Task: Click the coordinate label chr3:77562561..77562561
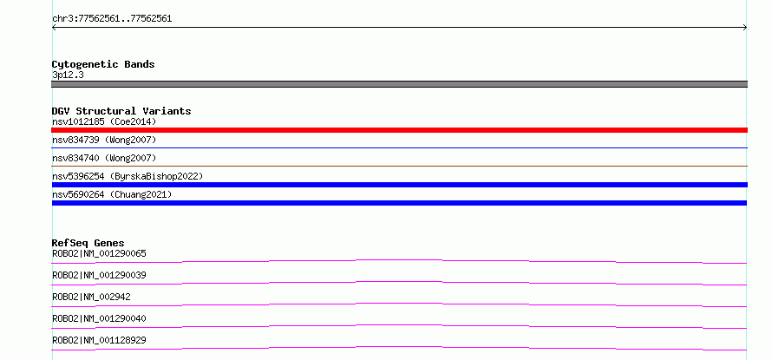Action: (112, 19)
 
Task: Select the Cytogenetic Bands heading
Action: (103, 64)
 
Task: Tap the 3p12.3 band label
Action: (68, 75)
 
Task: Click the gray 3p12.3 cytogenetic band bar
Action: (399, 84)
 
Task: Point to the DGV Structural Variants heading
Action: (121, 111)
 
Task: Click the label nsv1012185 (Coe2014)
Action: (104, 121)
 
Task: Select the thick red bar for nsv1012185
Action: (399, 130)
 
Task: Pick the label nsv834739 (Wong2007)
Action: (104, 141)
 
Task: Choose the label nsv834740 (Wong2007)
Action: (104, 158)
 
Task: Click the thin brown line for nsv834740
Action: (399, 166)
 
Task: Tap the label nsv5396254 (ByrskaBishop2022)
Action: (128, 176)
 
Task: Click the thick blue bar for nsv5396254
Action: (399, 185)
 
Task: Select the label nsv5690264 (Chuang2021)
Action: (112, 194)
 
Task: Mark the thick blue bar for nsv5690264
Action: (399, 203)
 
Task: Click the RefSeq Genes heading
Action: (88, 243)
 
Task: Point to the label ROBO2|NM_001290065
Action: (99, 253)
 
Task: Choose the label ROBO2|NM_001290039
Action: (99, 275)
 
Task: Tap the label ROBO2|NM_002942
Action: (91, 297)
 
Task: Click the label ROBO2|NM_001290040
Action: (99, 318)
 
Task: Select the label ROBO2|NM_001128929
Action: (99, 340)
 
